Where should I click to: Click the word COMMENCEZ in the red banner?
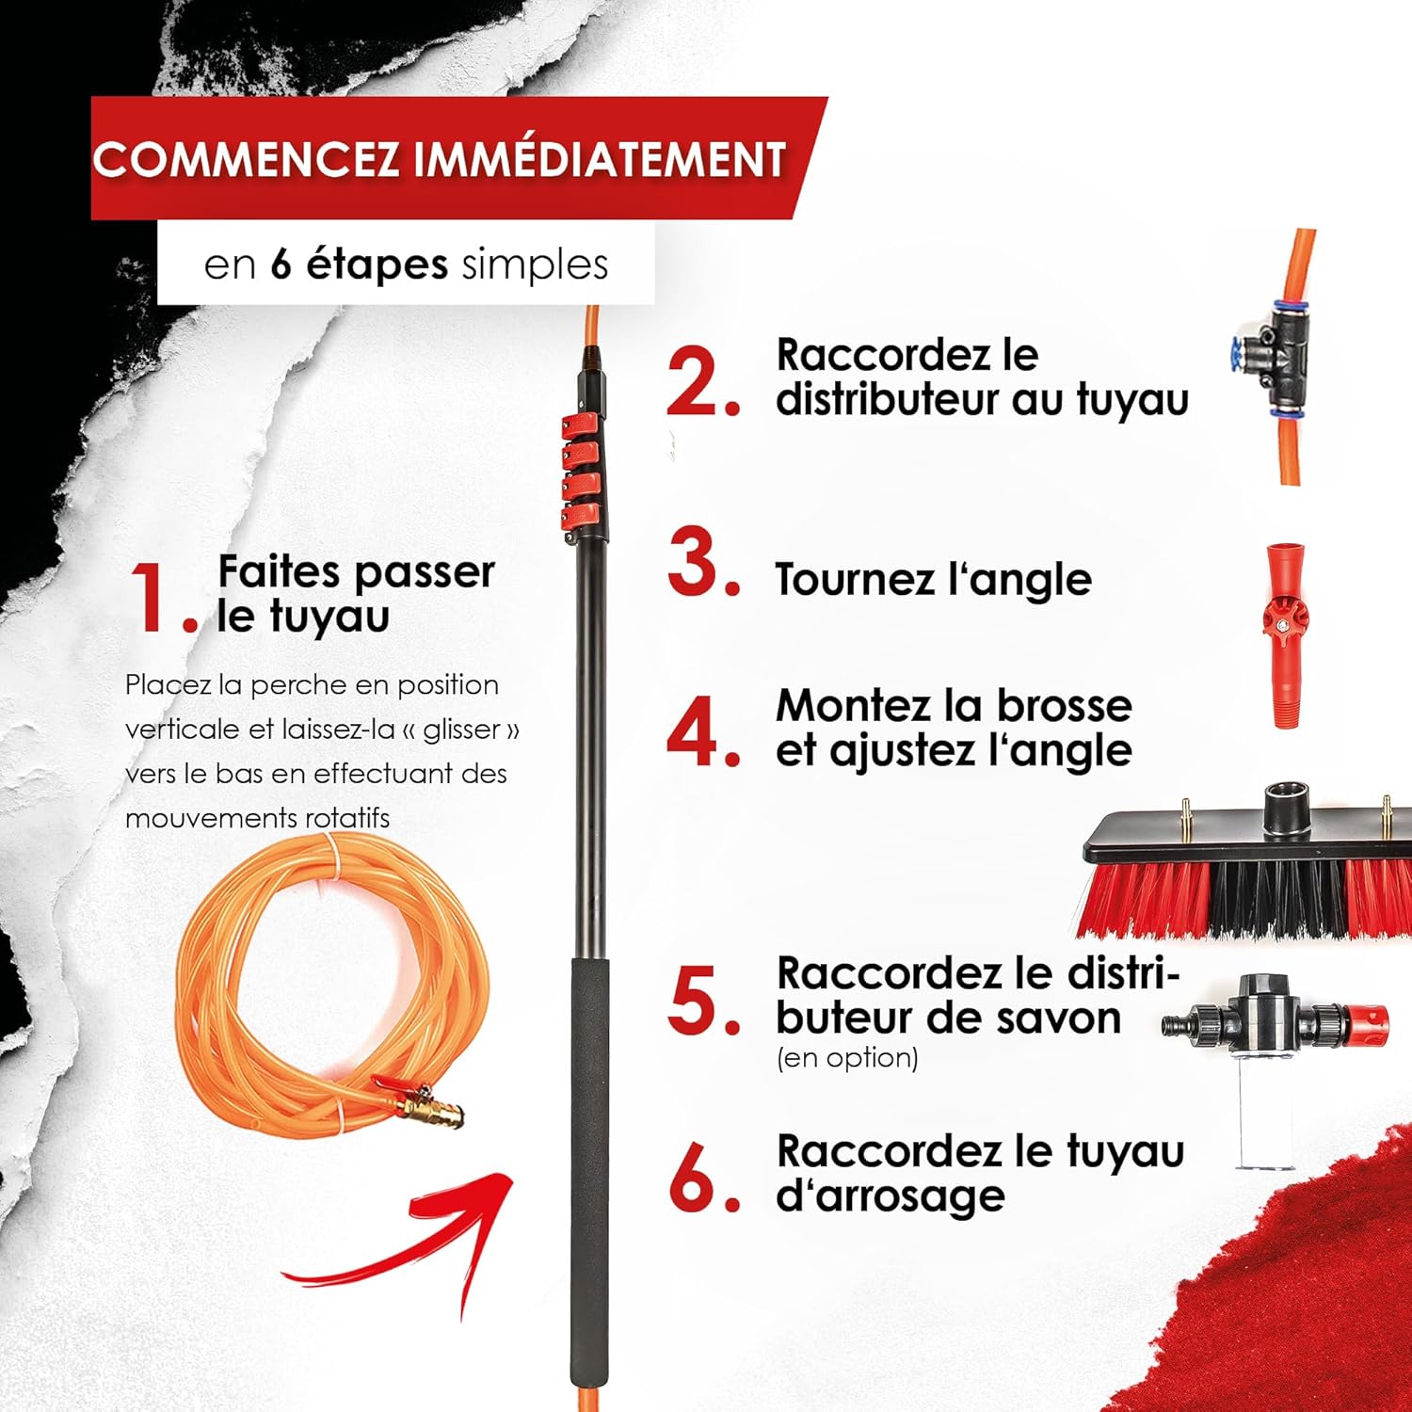click(248, 159)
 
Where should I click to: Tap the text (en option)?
click(847, 1058)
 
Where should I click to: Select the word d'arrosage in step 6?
click(890, 1195)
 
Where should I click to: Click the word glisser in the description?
click(461, 730)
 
